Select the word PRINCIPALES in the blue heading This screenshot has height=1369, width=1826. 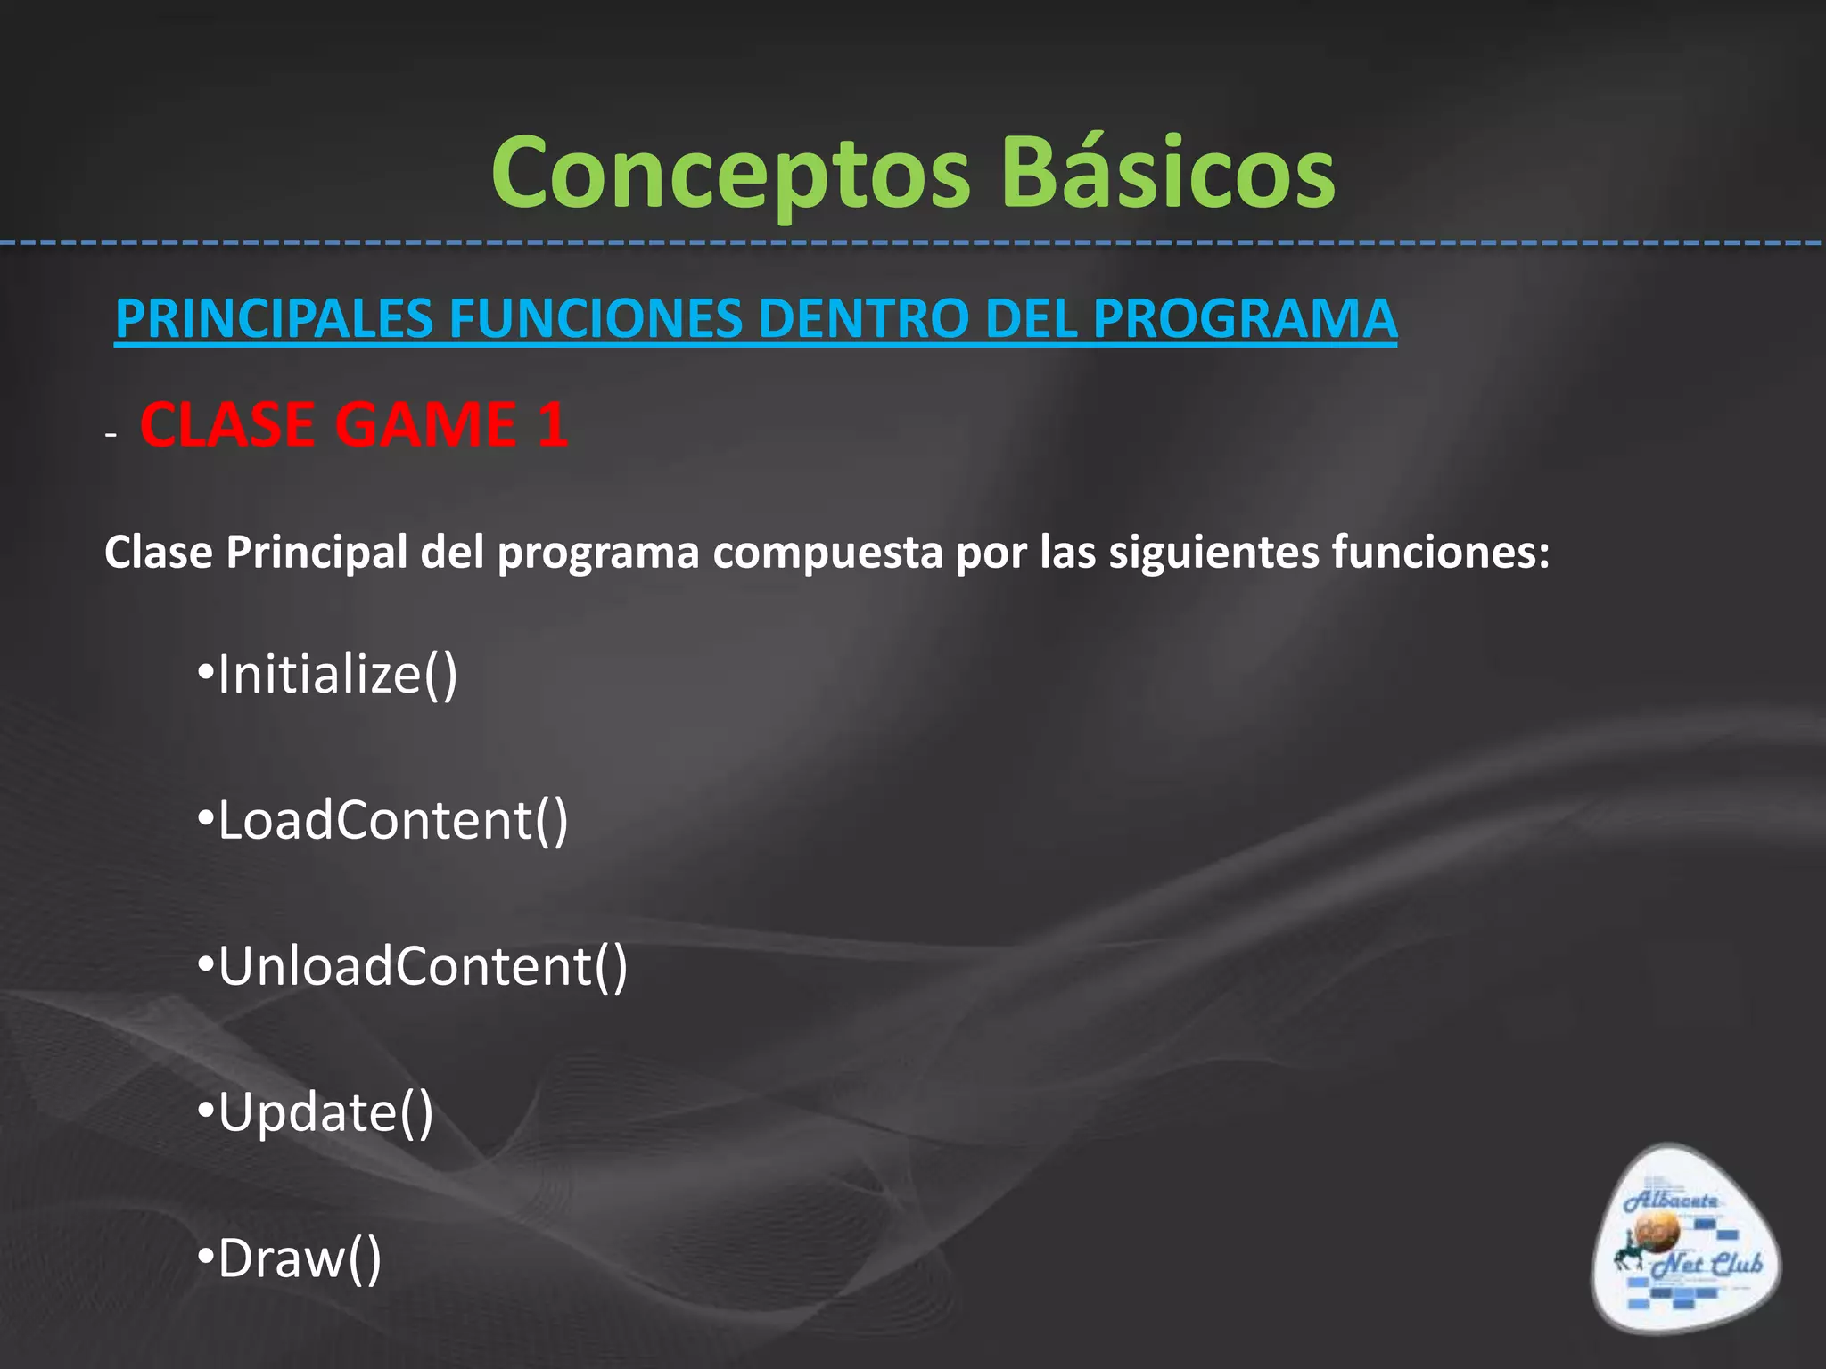[275, 319]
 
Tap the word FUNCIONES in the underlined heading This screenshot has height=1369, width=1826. [596, 319]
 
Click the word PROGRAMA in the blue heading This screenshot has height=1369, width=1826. [1245, 319]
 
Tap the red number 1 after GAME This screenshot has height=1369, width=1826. [553, 424]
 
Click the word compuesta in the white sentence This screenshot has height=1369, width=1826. [827, 553]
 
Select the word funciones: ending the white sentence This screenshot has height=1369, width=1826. [1441, 553]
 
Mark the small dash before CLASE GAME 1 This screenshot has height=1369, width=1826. [111, 435]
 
